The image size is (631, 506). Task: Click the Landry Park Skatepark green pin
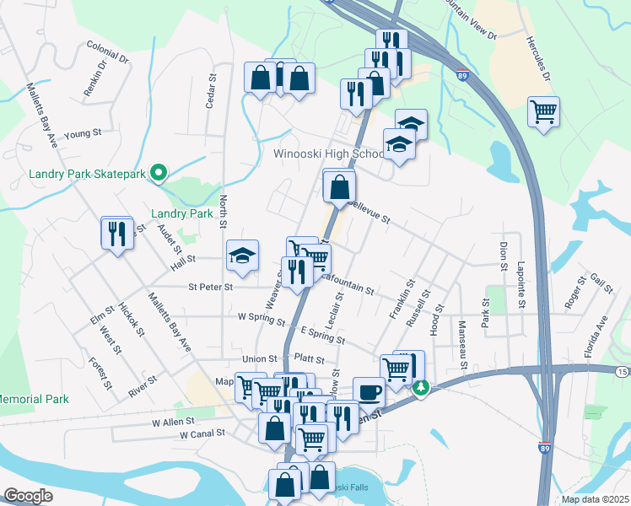(158, 173)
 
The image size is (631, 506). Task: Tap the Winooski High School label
(329, 154)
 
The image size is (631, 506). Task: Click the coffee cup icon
(369, 391)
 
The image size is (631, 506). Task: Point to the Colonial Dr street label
(107, 60)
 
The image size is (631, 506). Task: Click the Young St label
(83, 133)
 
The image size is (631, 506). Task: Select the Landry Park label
(181, 214)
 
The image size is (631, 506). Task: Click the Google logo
(28, 496)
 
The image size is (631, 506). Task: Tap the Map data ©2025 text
(595, 499)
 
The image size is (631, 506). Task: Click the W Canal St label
(202, 434)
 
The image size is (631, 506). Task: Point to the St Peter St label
(210, 287)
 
